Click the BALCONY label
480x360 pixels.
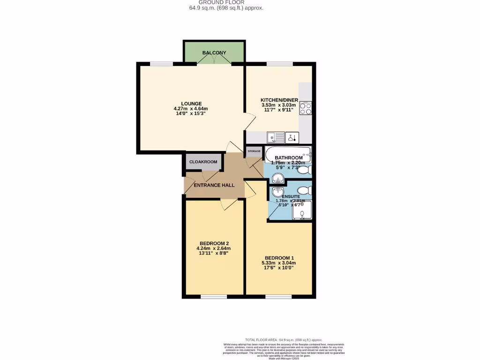click(x=214, y=53)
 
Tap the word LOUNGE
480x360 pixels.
click(x=192, y=104)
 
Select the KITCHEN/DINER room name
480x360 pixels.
click(x=279, y=100)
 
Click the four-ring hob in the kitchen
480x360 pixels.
click(x=306, y=108)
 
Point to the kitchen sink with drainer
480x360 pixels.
click(x=276, y=138)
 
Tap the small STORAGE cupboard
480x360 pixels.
click(x=254, y=151)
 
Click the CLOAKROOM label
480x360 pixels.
click(x=203, y=162)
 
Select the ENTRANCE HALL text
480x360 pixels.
click(x=215, y=185)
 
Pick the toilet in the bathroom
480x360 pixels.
click(x=305, y=170)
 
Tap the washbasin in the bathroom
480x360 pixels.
click(x=277, y=178)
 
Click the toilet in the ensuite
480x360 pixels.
click(x=304, y=190)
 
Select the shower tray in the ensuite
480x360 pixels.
click(x=302, y=210)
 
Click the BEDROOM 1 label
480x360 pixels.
click(x=279, y=258)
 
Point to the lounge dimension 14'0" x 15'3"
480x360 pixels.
click(x=192, y=114)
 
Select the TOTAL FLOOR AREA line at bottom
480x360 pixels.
click(x=284, y=339)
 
